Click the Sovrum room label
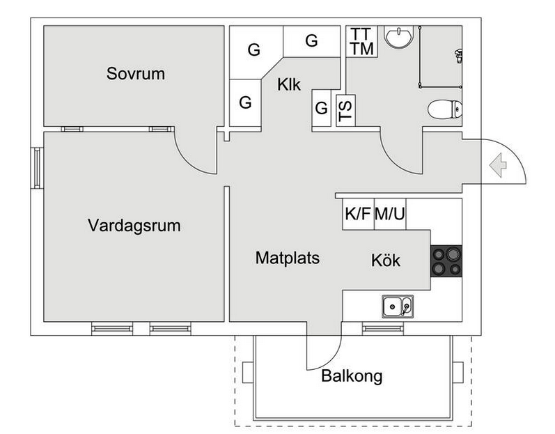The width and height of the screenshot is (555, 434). point(136,73)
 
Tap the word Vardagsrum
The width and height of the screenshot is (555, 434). point(134,226)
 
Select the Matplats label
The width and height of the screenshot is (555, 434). point(287,258)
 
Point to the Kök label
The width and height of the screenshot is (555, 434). point(385,261)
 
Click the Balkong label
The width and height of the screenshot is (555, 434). point(352,377)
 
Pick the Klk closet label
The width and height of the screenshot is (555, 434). point(288,84)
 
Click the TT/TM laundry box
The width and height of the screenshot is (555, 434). point(361,42)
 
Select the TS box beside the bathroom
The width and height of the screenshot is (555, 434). point(345,110)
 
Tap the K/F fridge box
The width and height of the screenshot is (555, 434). point(358,214)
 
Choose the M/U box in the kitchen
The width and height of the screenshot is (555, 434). point(390,214)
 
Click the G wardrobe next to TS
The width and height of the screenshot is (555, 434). point(321,109)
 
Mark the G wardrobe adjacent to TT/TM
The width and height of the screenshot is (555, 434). point(311,41)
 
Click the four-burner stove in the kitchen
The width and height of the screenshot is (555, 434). point(446,261)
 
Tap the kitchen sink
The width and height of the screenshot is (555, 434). point(397,305)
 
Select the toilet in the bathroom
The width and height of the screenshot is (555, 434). point(444,109)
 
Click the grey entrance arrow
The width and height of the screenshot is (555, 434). point(497,165)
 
